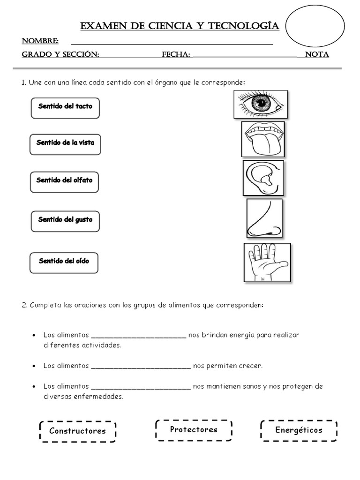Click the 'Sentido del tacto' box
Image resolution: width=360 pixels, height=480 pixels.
(65, 107)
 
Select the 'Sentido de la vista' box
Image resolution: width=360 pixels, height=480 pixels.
(65, 143)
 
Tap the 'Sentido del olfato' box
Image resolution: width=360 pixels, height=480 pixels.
(65, 181)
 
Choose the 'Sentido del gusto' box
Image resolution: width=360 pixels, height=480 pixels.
(65, 220)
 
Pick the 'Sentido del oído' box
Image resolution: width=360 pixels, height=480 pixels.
(64, 262)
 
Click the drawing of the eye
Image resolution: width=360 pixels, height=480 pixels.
(261, 104)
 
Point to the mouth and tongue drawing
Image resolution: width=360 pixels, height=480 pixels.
(263, 139)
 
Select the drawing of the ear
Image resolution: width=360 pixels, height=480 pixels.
(263, 178)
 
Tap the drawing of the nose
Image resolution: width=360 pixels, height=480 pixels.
(264, 218)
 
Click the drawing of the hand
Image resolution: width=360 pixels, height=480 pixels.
(267, 262)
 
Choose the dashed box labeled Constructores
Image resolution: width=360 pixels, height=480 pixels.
(77, 431)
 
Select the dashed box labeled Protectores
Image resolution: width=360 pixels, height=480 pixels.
(194, 430)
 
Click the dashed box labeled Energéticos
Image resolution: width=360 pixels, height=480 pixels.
(299, 430)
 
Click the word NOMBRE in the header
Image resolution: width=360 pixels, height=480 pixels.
(40, 41)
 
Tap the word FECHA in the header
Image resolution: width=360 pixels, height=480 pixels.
(176, 55)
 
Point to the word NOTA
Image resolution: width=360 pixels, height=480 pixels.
(317, 55)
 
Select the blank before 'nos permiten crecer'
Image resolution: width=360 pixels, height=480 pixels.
(140, 366)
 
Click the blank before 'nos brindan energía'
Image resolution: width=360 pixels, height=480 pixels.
(138, 336)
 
